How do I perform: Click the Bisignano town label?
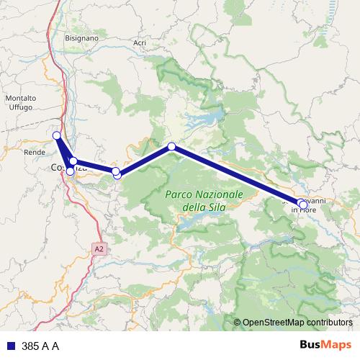(81, 36)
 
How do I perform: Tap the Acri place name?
(140, 43)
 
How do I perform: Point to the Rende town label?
(35, 153)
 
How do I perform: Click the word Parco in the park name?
(180, 194)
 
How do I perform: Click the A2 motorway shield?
(99, 249)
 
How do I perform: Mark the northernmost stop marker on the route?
(56, 135)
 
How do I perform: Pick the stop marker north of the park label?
(171, 147)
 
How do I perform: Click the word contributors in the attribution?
(330, 323)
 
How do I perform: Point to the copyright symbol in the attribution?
(238, 323)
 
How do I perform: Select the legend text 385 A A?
(40, 346)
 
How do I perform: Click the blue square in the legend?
(11, 346)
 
